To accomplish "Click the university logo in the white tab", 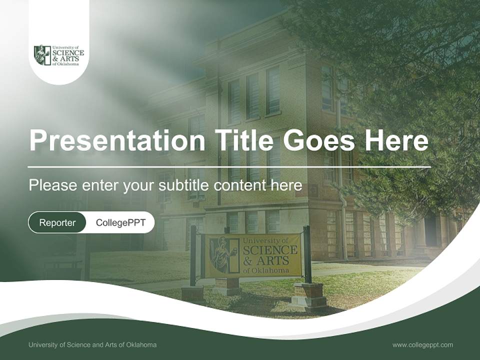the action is [x=59, y=55].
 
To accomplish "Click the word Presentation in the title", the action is [x=117, y=140].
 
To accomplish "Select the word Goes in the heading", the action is [x=318, y=140].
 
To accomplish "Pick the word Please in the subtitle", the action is [x=53, y=185].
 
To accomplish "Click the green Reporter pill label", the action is [x=57, y=222].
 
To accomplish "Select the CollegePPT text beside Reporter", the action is [x=120, y=222].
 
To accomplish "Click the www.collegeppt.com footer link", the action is [x=423, y=345].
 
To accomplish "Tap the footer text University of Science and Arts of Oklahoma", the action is [x=92, y=344].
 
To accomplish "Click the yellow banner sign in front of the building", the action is [x=253, y=255].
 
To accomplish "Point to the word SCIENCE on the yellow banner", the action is [x=270, y=250].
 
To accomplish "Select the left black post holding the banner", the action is [x=193, y=256].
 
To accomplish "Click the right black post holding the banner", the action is [x=307, y=254].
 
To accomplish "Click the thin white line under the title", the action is [x=229, y=167].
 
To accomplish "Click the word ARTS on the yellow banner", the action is [x=273, y=261].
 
